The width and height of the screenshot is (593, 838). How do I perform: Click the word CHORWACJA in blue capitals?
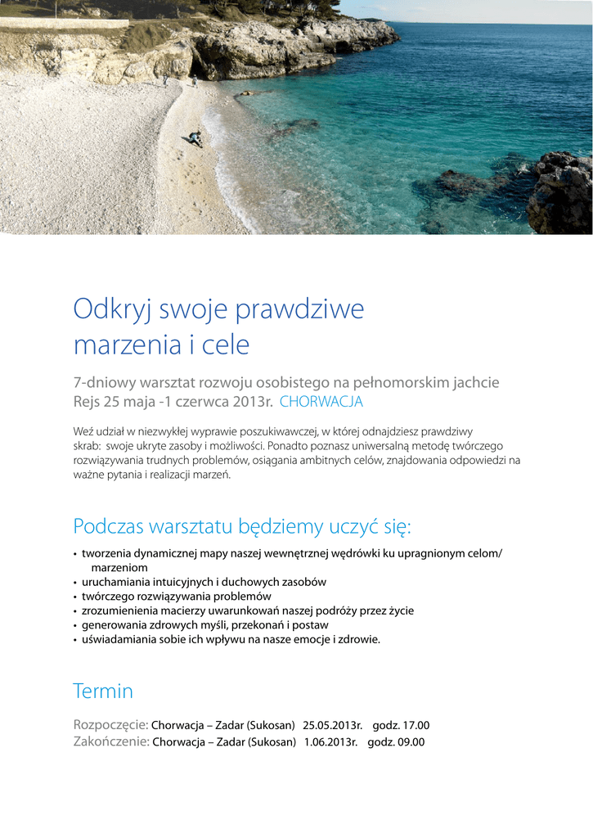coord(321,402)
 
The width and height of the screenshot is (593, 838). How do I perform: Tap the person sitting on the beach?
coord(195,138)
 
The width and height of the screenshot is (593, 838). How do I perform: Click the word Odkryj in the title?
coord(112,311)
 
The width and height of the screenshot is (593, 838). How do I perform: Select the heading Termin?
coord(103,692)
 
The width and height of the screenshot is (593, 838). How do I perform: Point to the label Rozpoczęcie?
coord(110,726)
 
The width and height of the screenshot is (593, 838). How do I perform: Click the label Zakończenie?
coord(111,742)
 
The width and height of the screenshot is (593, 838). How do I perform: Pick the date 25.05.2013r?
coord(331,726)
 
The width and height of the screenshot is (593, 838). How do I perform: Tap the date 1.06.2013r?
coord(331,742)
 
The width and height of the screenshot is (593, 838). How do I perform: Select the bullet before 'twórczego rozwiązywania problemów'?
coord(75,597)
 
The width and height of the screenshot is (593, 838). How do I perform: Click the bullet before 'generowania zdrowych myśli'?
coord(75,626)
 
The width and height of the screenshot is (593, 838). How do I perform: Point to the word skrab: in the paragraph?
coord(87,445)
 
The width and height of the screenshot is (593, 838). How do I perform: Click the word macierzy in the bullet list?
coord(182,610)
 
